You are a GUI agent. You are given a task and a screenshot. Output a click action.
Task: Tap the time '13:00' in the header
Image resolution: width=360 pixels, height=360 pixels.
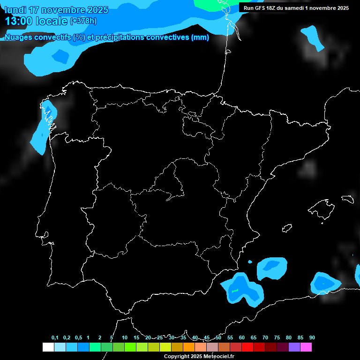click(19, 21)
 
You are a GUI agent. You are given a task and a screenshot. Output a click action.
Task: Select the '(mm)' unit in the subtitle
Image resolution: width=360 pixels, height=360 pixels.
click(200, 38)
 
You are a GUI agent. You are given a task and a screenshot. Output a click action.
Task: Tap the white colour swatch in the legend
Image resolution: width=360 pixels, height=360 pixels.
click(48, 347)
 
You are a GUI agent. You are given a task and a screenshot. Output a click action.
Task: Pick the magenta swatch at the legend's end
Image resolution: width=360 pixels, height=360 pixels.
click(306, 347)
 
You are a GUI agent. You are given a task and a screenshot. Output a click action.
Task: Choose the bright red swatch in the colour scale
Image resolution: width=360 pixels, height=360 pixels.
click(247, 347)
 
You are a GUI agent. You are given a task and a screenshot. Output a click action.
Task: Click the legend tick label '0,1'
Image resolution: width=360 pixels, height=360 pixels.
click(55, 338)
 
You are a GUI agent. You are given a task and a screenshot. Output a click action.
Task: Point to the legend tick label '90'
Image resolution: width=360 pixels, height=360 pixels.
click(312, 338)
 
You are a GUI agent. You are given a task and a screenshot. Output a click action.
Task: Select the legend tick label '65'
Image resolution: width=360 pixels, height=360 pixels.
click(254, 338)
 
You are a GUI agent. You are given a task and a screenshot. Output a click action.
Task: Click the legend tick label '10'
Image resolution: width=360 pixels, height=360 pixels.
click(125, 338)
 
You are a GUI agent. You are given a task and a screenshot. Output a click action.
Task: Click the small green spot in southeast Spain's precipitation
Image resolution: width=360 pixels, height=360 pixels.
click(235, 291)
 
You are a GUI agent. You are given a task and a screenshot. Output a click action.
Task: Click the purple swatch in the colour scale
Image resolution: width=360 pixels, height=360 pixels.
click(294, 347)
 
